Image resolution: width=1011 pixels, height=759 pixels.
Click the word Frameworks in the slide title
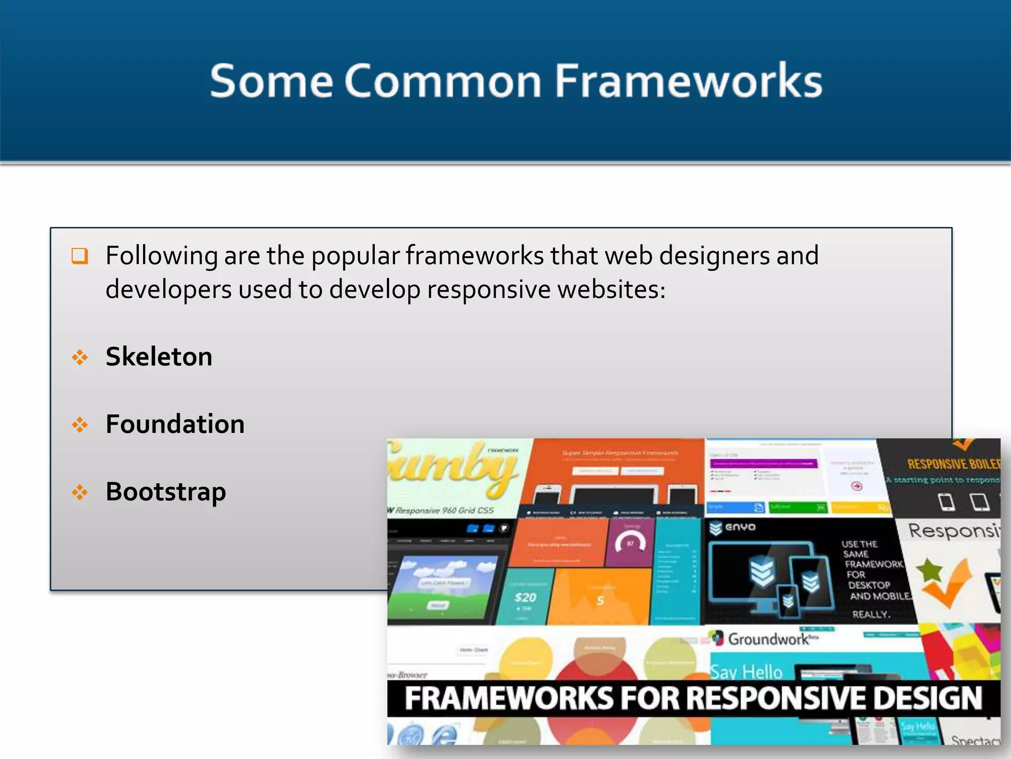pyautogui.click(x=689, y=81)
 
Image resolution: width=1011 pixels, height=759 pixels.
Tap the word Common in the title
pyautogui.click(x=443, y=81)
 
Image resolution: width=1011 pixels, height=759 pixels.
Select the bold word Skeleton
pyautogui.click(x=158, y=357)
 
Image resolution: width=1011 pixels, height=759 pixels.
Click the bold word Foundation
pyautogui.click(x=175, y=424)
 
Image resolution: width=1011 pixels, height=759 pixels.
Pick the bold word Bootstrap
pyautogui.click(x=165, y=492)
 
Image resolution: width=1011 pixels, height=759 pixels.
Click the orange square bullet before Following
pyautogui.click(x=79, y=256)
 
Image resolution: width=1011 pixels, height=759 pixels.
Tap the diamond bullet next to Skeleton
pyautogui.click(x=79, y=357)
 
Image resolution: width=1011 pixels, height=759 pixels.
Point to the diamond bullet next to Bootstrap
pyautogui.click(x=79, y=492)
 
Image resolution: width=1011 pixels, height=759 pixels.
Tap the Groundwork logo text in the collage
pyautogui.click(x=769, y=639)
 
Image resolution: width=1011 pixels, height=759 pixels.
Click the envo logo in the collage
pyautogui.click(x=733, y=528)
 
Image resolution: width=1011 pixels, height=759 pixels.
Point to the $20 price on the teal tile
pyautogui.click(x=525, y=598)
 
